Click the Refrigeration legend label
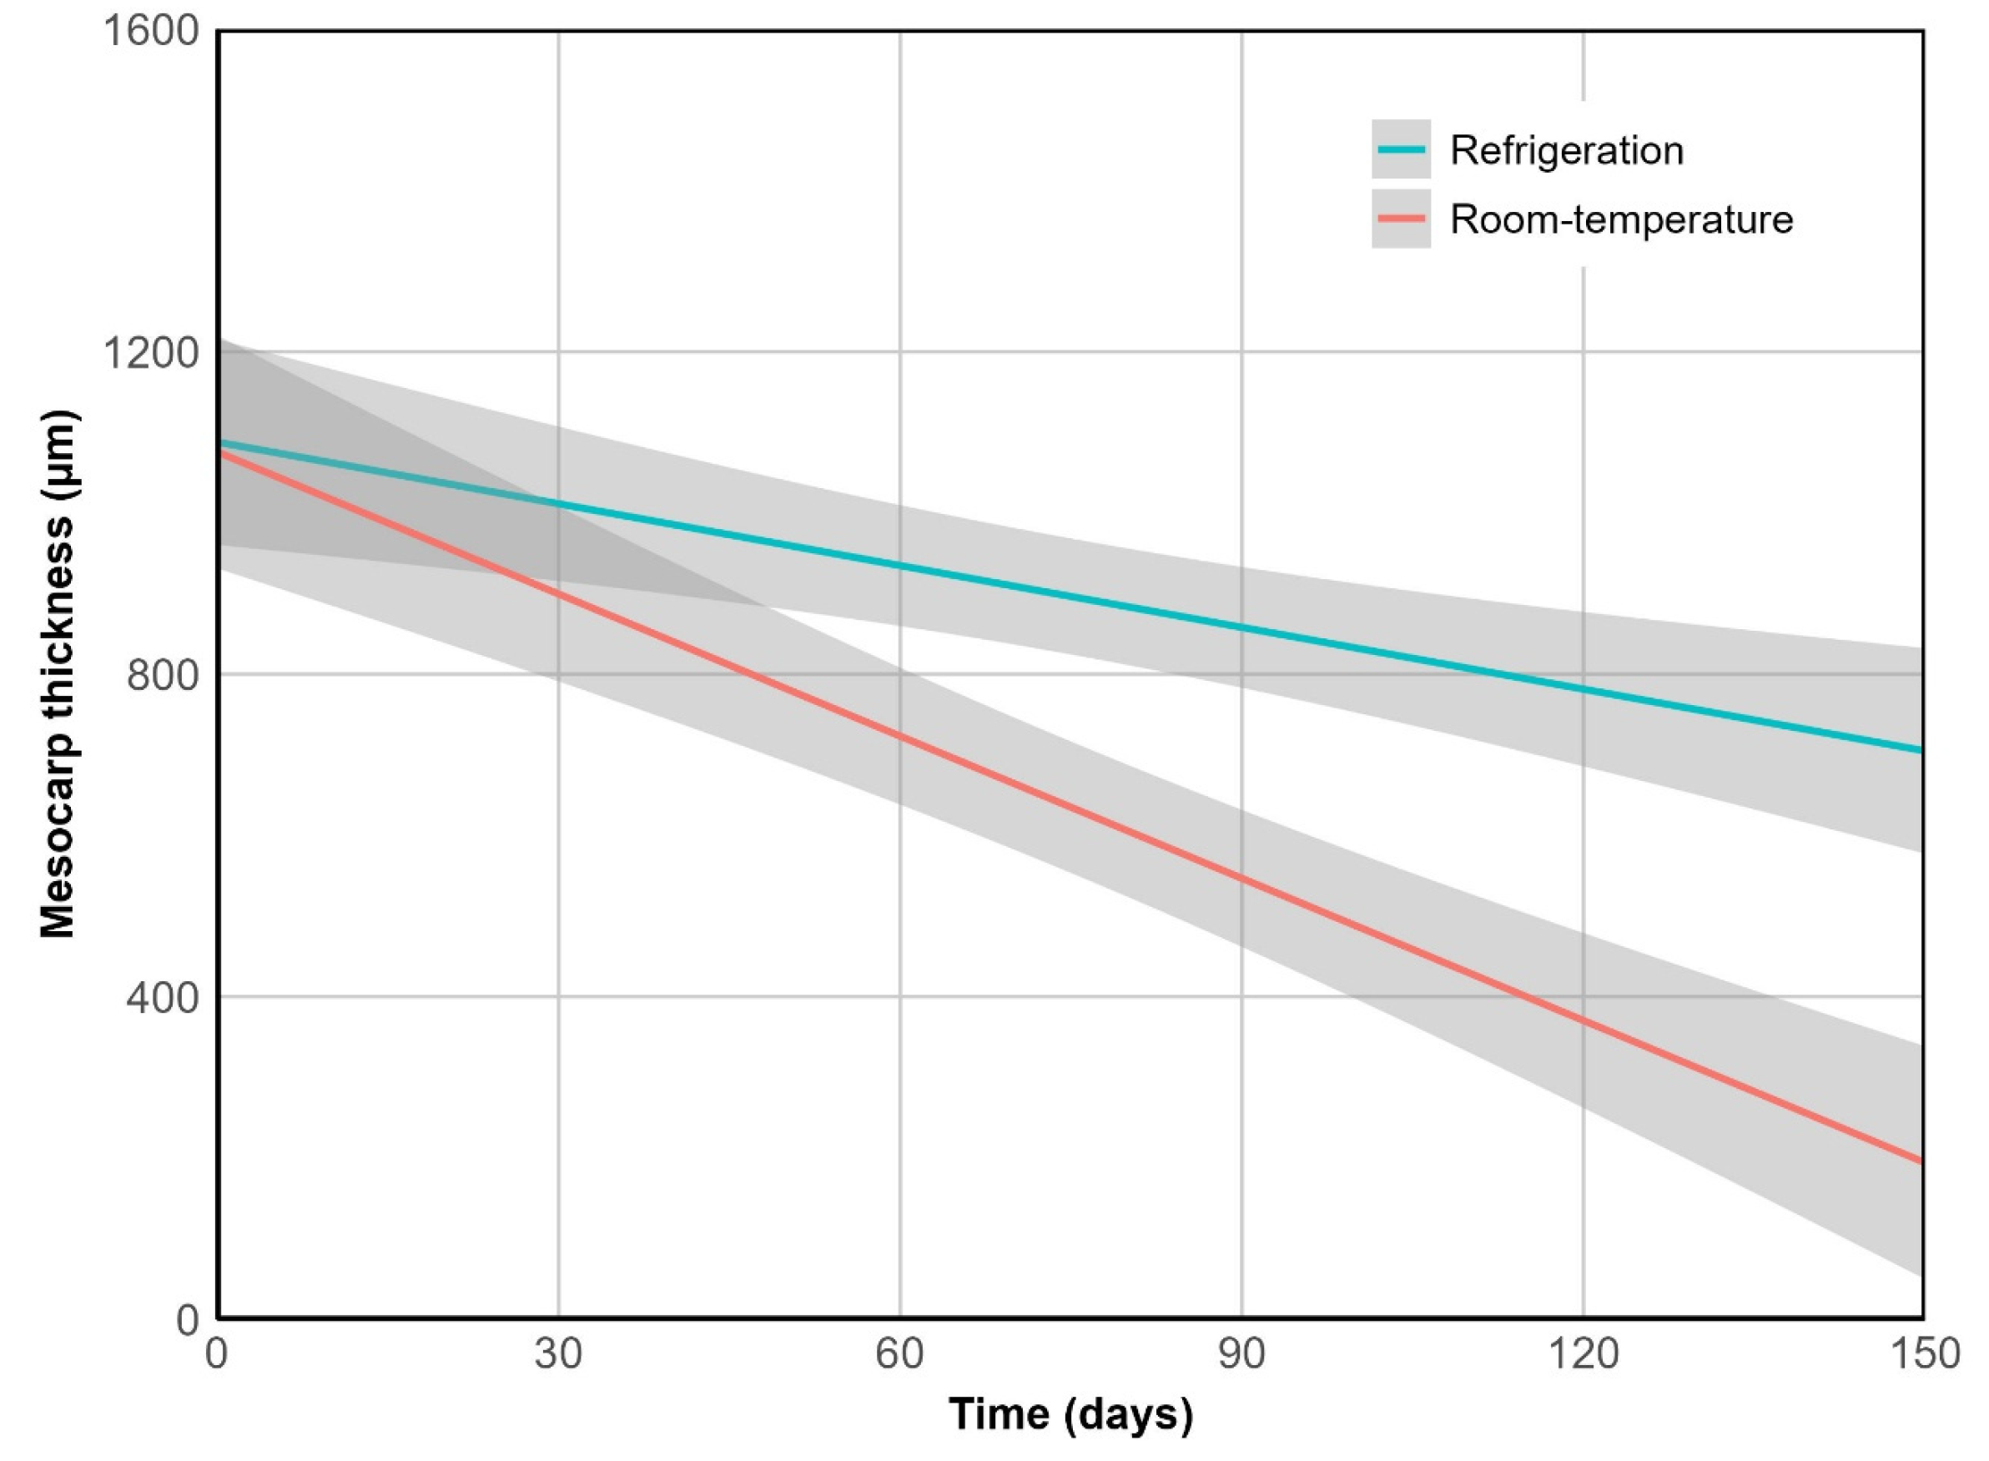1565,150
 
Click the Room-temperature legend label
1620,219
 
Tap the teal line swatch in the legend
1401,149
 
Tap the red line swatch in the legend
1401,219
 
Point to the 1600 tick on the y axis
151,32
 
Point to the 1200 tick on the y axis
151,354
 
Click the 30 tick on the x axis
558,1354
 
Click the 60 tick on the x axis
899,1354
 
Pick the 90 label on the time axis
1241,1354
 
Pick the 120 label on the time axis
1582,1354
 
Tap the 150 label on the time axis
1925,1354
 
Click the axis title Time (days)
1070,1414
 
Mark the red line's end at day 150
1921,1161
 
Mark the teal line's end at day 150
1921,750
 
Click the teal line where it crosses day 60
899,564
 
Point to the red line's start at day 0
220,452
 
